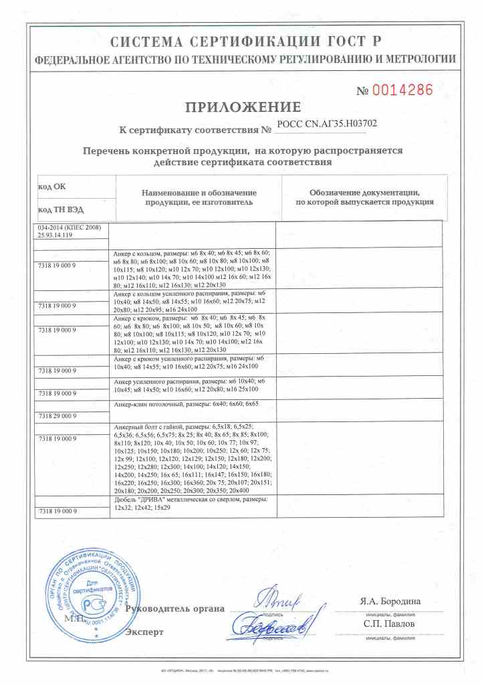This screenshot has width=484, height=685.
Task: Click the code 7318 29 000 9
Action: (59, 415)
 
